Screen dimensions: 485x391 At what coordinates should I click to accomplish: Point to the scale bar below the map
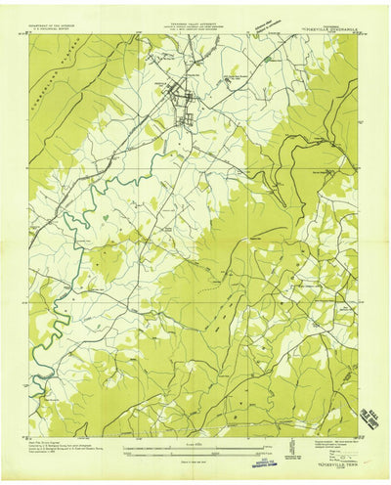(x=195, y=449)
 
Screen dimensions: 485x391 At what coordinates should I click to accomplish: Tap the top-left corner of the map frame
(x=31, y=34)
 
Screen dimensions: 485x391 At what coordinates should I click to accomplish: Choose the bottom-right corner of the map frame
(x=358, y=437)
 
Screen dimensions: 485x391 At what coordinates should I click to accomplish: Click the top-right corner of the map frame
(x=358, y=34)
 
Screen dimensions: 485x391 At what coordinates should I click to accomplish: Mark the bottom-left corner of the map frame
(x=31, y=437)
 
